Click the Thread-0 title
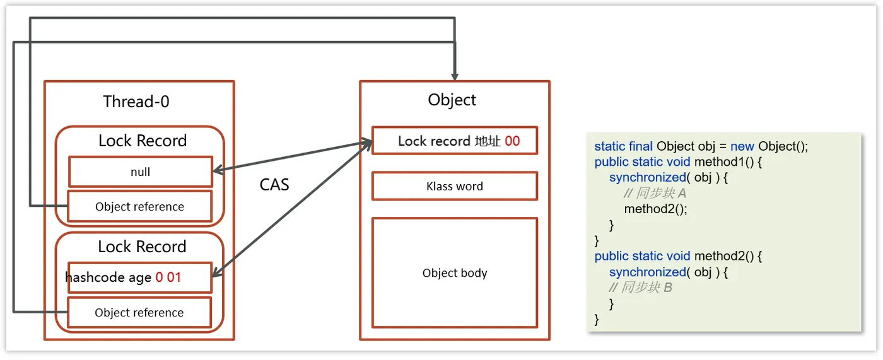tap(136, 102)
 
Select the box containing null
tap(141, 171)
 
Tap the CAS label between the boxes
tap(274, 185)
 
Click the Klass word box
tap(455, 186)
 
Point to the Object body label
tap(455, 272)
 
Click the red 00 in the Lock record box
tap(512, 141)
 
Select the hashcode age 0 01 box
tap(140, 277)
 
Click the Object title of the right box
tap(452, 100)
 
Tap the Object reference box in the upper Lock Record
tap(140, 206)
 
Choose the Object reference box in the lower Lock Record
tap(139, 312)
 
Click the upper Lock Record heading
tap(143, 141)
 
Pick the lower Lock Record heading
tap(142, 247)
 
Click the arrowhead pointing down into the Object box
tap(455, 76)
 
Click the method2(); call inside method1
tap(655, 209)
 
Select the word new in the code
tap(742, 146)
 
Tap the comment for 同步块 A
tap(655, 193)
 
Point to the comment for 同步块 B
tap(640, 287)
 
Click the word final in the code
tap(641, 146)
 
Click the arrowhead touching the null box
tap(219, 171)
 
